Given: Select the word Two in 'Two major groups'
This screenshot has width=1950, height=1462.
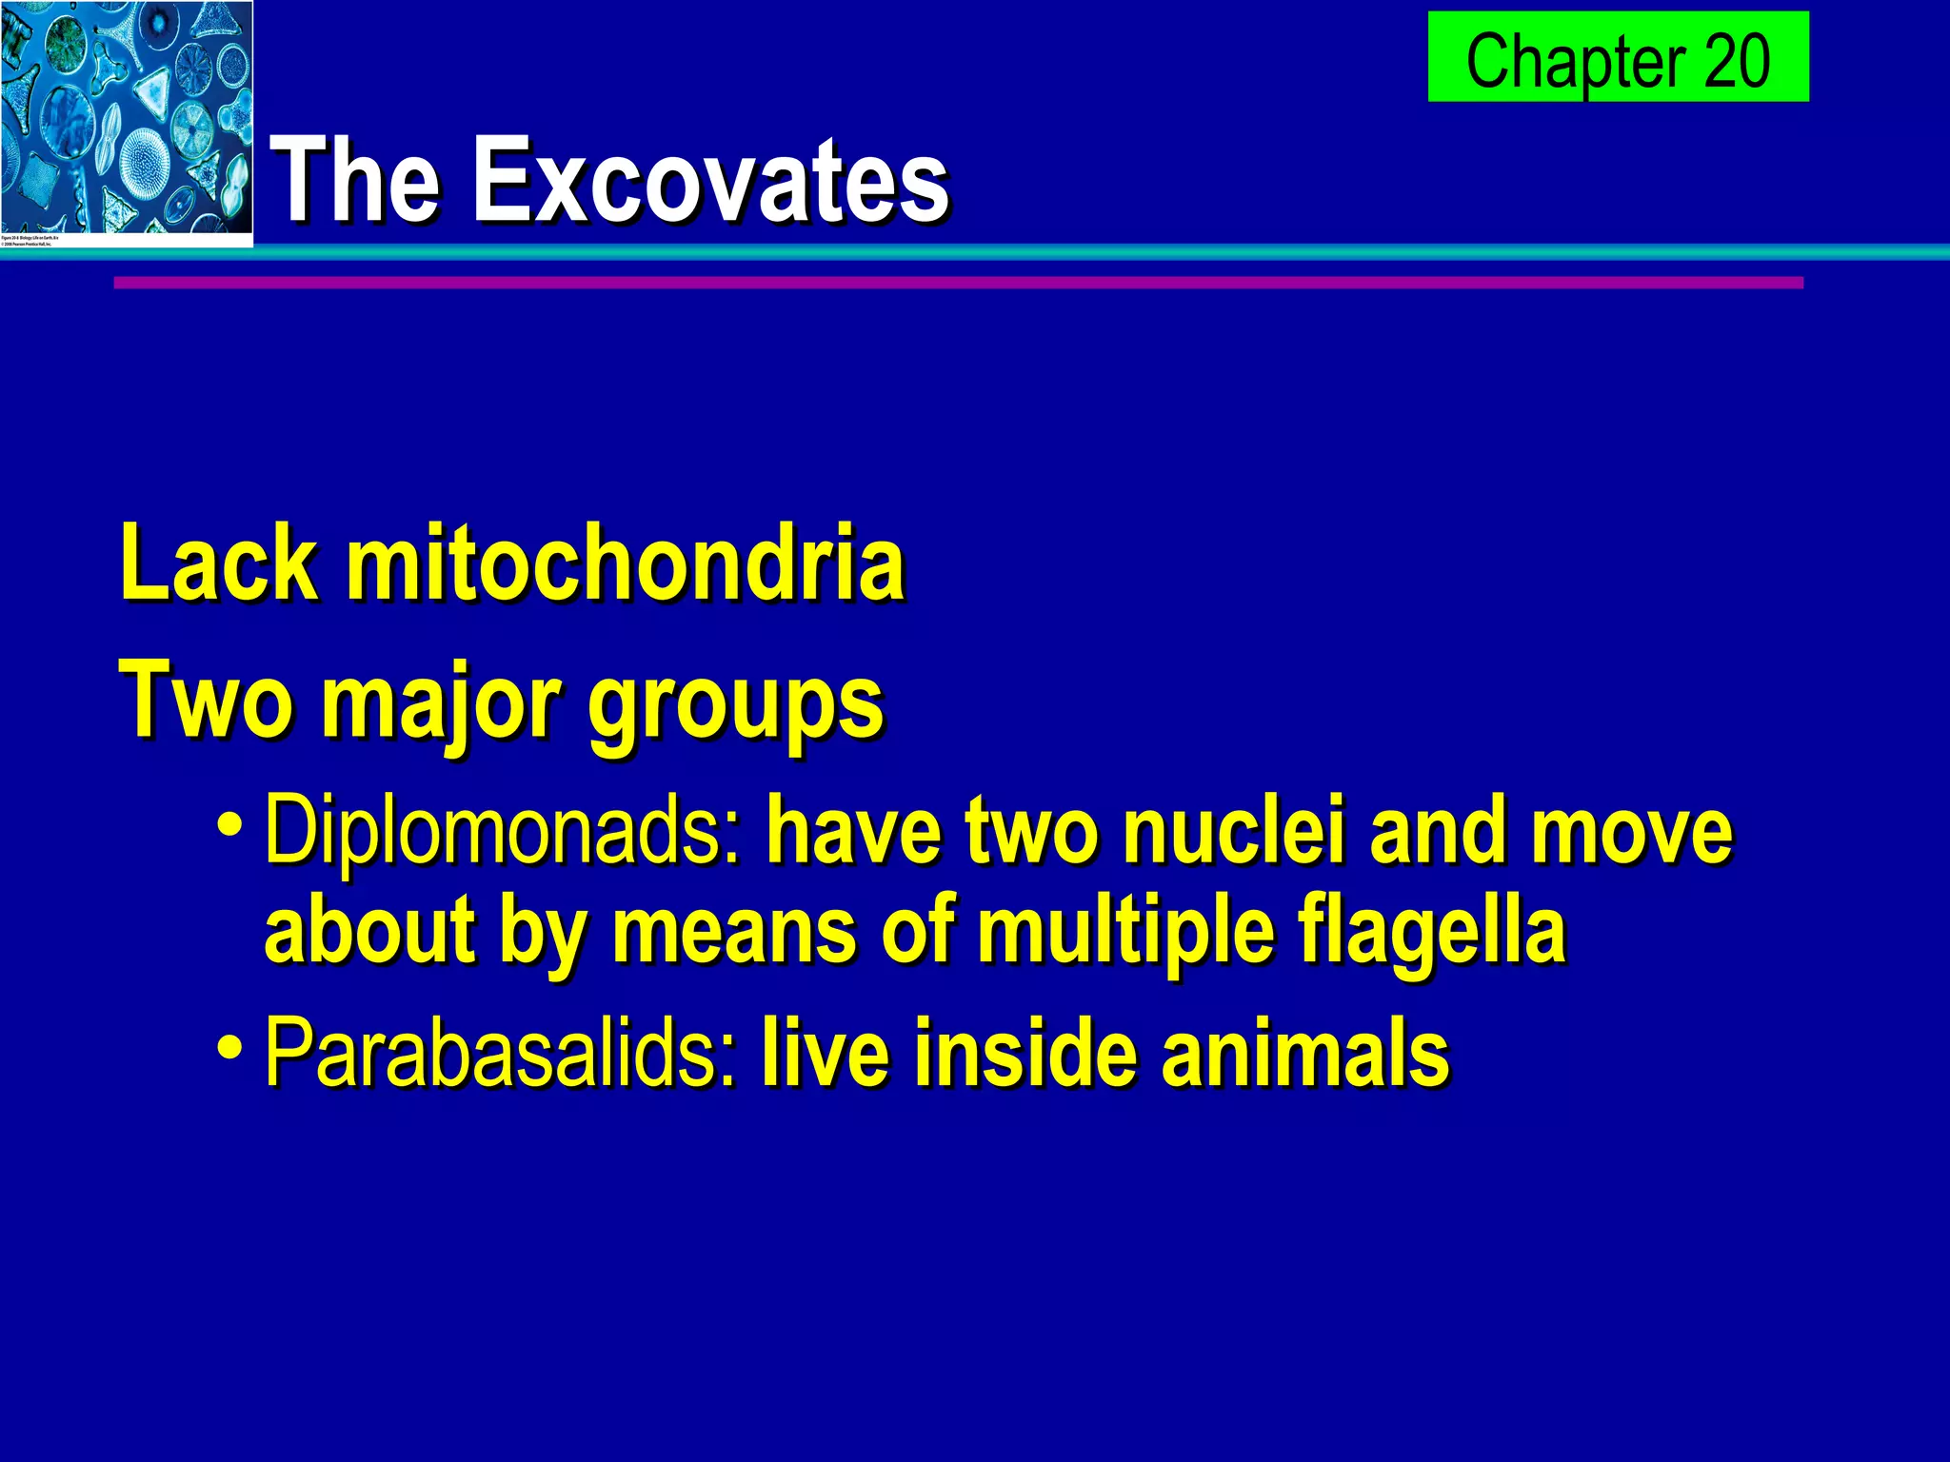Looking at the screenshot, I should pyautogui.click(x=204, y=701).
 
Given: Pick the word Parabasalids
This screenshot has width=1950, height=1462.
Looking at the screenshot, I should pyautogui.click(x=501, y=1053).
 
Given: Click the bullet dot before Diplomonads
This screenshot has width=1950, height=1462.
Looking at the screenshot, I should pyautogui.click(x=229, y=822).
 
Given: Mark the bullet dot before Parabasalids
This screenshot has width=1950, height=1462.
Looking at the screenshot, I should pyautogui.click(x=229, y=1045).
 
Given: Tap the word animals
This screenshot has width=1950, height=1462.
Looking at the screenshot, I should pyautogui.click(x=1305, y=1053).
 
